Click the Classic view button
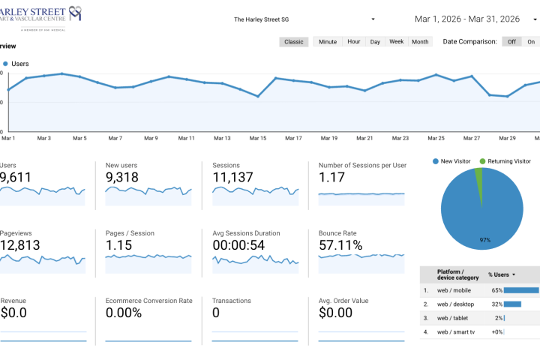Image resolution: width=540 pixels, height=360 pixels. (294, 42)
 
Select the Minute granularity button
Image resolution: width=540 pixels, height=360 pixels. (328, 42)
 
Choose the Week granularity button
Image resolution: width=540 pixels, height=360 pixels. (397, 42)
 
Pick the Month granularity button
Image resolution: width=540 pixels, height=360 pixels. (420, 42)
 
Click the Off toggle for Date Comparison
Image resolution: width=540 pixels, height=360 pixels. (512, 42)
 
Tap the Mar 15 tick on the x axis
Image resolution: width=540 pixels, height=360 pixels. (258, 138)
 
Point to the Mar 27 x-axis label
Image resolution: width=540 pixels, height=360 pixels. (472, 138)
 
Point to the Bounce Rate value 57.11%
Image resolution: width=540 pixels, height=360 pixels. (340, 245)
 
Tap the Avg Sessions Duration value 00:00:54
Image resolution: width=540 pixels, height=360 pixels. (244, 245)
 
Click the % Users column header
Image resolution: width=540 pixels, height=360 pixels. (502, 274)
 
